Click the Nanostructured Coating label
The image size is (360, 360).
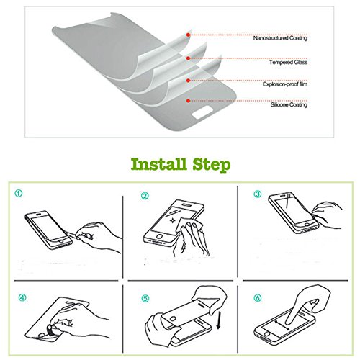tap(280, 38)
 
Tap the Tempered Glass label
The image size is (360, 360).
tap(288, 63)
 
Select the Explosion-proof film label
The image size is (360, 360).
tap(285, 84)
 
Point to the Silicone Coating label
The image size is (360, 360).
tap(289, 105)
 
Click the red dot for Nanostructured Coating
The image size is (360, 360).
tap(189, 35)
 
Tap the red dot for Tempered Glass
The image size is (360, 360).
tap(189, 58)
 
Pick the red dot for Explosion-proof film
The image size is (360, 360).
tap(189, 81)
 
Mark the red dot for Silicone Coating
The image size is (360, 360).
tap(189, 101)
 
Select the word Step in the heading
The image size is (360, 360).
tap(212, 166)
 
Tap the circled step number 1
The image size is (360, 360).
tap(19, 194)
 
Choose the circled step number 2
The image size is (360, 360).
tap(145, 196)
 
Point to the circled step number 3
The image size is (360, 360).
tap(258, 194)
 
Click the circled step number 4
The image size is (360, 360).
tap(22, 297)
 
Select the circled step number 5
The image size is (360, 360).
tap(145, 299)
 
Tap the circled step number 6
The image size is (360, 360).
tap(258, 298)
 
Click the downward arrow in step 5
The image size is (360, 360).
tap(218, 320)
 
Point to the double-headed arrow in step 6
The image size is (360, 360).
tap(282, 325)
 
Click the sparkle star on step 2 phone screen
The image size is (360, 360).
tap(172, 220)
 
